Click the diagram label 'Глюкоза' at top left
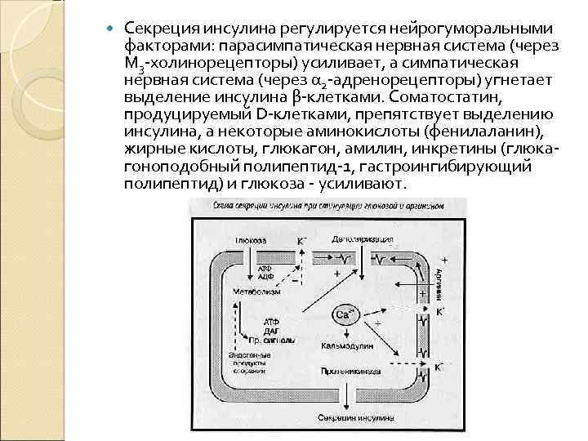(253, 240)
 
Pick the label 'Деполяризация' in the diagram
(358, 240)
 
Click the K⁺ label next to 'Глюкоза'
(301, 241)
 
